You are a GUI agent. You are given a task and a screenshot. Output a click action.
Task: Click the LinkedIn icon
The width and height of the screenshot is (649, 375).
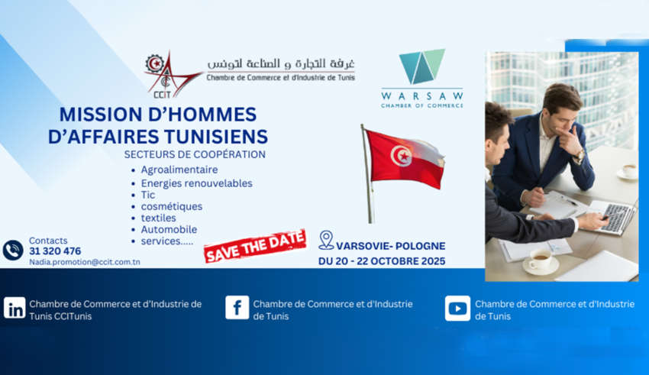(x=15, y=308)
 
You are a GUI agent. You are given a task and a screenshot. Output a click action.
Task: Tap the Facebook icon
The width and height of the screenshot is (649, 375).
(x=237, y=308)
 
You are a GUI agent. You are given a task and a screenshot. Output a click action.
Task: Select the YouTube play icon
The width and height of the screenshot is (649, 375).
(x=457, y=309)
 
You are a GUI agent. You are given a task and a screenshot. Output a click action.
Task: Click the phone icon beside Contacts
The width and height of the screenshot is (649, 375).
(x=13, y=250)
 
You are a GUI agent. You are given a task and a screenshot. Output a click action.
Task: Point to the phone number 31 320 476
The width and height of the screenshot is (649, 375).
(x=55, y=251)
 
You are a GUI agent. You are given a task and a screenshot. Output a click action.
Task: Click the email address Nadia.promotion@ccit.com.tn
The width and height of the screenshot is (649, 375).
(x=85, y=262)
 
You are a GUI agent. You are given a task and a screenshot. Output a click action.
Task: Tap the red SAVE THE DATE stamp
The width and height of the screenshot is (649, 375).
(x=255, y=246)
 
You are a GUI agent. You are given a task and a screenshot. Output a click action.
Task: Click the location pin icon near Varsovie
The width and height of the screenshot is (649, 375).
(x=326, y=240)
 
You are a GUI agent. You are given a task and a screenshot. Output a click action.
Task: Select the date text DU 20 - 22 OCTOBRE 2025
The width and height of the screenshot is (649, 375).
(x=382, y=261)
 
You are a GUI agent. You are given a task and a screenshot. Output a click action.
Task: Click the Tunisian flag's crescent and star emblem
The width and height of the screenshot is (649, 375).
(x=401, y=156)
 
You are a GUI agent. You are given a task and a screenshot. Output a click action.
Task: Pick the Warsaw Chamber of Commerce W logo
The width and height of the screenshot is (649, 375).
(x=422, y=66)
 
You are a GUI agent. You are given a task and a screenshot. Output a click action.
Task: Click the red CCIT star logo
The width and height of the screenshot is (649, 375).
(x=170, y=75)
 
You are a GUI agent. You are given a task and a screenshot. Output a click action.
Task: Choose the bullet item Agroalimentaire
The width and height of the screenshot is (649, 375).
(x=179, y=170)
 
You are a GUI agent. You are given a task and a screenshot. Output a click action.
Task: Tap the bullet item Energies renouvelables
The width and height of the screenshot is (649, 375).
(x=196, y=183)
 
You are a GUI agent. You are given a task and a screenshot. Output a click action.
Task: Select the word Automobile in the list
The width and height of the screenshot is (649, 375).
(x=169, y=229)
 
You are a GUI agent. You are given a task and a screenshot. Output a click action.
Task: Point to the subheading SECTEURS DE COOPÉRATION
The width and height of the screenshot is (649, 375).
(x=195, y=154)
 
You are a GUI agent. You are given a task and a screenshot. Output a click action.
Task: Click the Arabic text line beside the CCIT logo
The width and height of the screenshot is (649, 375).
(x=281, y=63)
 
